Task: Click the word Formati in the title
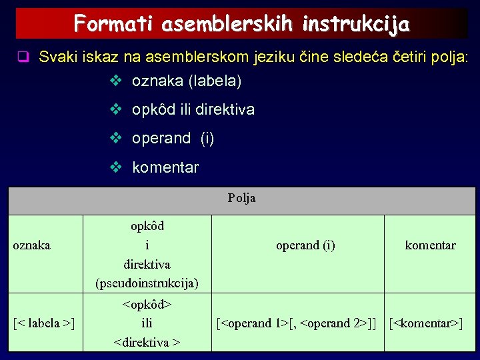[x=112, y=24]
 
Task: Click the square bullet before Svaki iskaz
[x=23, y=57]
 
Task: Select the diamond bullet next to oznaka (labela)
[x=115, y=82]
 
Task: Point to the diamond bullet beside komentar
[x=115, y=167]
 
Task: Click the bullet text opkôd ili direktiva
[x=193, y=110]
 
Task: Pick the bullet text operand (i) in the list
[x=173, y=139]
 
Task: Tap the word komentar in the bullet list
[x=165, y=167]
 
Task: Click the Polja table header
[x=241, y=198]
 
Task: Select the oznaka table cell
[x=32, y=245]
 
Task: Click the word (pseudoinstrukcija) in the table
[x=147, y=283]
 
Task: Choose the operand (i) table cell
[x=305, y=245]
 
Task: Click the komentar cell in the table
[x=430, y=245]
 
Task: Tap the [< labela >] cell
[x=44, y=323]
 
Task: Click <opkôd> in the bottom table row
[x=147, y=305]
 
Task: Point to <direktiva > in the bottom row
[x=147, y=343]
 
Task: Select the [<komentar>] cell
[x=426, y=323]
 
